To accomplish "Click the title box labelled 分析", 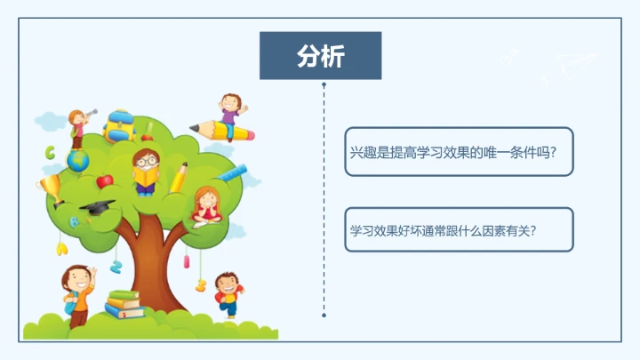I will (320, 56).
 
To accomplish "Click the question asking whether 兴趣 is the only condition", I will (459, 152).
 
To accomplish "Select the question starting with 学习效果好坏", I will (459, 229).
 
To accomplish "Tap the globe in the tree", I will (78, 160).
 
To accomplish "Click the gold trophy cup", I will (49, 188).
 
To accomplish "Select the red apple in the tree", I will (105, 180).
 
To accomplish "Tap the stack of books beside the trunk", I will (124, 304).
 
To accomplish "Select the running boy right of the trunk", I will (228, 294).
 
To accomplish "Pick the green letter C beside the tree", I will (51, 152).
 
